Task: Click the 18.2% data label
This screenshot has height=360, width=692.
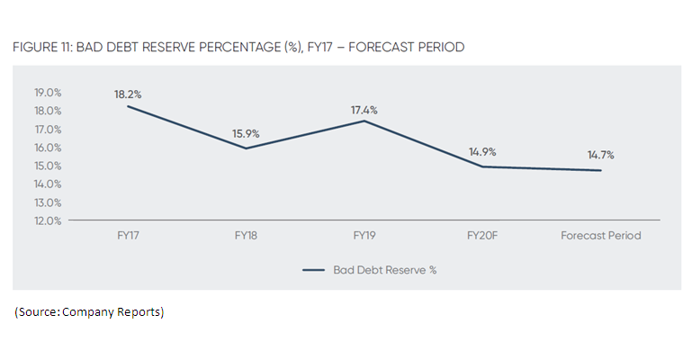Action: [129, 93]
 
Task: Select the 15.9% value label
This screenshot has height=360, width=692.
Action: [246, 134]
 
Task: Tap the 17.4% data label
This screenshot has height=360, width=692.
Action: [364, 110]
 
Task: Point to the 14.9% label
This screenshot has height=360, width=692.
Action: [482, 152]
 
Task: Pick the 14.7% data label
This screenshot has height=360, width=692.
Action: [600, 155]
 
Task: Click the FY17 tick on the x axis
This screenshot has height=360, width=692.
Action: [128, 236]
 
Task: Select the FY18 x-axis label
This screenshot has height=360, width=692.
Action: [246, 236]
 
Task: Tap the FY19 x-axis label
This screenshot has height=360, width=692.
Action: [364, 236]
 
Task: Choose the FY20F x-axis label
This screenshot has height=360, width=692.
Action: [482, 236]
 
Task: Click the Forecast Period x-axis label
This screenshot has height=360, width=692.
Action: [601, 236]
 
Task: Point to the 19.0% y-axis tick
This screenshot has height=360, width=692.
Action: [47, 93]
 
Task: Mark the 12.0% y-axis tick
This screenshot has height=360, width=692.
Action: [47, 220]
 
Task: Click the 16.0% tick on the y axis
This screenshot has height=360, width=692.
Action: [47, 148]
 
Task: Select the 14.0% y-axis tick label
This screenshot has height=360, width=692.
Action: [47, 184]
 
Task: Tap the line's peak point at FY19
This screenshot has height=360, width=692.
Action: [364, 121]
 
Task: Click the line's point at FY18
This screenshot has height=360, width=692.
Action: [246, 148]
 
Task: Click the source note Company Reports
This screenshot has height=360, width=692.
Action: [122, 311]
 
